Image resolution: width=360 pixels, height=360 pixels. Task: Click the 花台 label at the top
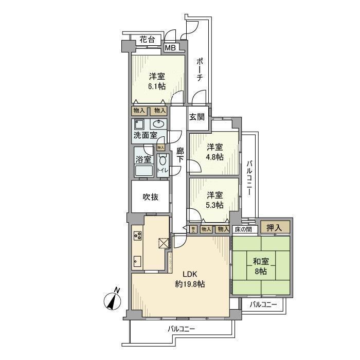(148, 39)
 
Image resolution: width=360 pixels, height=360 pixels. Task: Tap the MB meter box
(170, 48)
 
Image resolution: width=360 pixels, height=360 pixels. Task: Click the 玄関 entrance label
(196, 117)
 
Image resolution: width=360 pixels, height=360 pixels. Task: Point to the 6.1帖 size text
(157, 86)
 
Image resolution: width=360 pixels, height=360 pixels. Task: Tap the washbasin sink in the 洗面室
(159, 124)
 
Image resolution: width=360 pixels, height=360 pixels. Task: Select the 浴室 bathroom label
(143, 160)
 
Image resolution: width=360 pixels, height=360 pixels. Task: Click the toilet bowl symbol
(163, 161)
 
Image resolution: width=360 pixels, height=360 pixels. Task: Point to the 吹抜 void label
(151, 196)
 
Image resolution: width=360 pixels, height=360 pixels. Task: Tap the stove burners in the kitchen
(138, 236)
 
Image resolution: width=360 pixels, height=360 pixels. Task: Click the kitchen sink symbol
(137, 261)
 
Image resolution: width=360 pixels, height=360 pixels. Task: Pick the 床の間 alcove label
(244, 229)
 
